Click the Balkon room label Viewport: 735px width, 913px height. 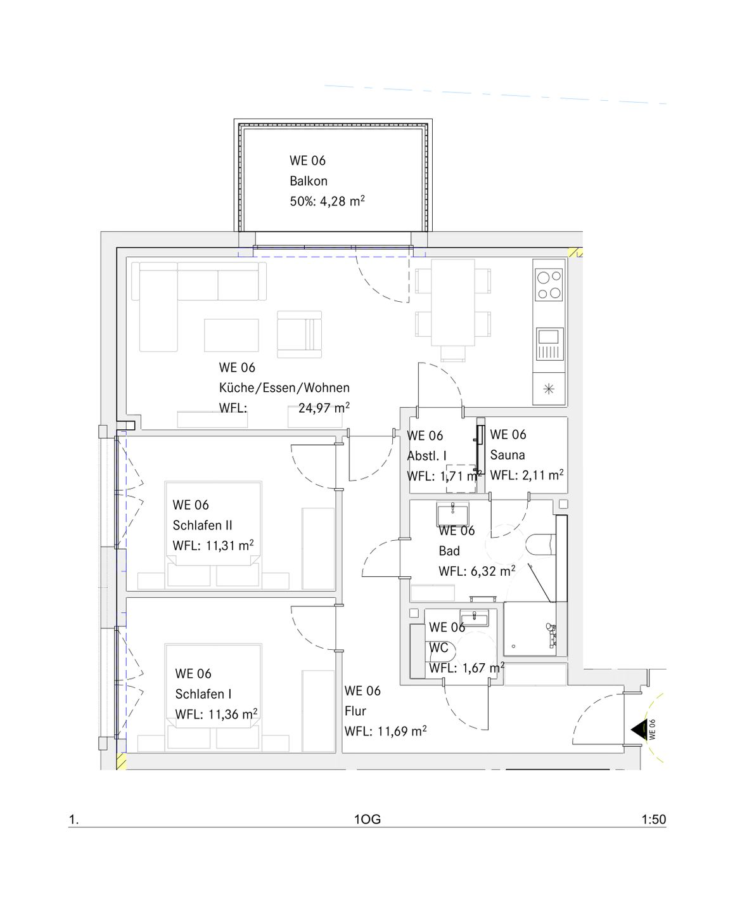309,181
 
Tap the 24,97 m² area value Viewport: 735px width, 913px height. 324,408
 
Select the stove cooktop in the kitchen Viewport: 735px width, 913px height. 549,284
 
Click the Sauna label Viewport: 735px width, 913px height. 508,455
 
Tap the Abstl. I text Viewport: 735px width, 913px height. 426,456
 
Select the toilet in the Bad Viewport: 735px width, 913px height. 540,545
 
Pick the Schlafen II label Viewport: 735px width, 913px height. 202,525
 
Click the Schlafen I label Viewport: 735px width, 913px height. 203,694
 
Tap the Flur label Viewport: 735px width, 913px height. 355,711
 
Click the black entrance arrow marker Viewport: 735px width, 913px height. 638,730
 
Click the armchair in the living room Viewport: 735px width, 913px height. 300,334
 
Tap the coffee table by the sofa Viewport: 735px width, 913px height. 231,335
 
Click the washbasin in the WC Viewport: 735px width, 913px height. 474,618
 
